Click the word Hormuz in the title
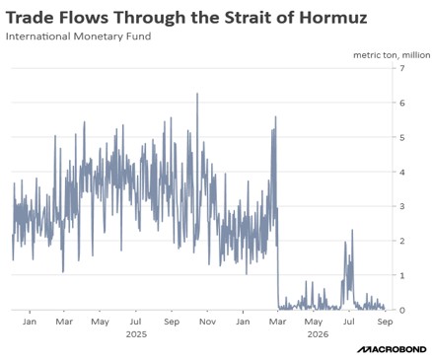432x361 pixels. click(x=333, y=18)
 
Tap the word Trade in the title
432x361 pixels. click(x=31, y=18)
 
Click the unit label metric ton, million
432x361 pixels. click(x=392, y=55)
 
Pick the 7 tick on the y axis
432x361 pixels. click(x=401, y=68)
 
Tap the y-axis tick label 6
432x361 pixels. click(x=401, y=103)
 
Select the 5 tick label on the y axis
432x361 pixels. click(x=401, y=137)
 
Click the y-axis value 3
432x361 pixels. click(x=401, y=206)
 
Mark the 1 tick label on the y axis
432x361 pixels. click(x=401, y=275)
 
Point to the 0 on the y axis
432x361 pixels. click(x=401, y=310)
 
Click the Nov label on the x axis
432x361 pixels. click(x=207, y=322)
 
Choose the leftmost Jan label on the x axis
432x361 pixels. click(x=30, y=322)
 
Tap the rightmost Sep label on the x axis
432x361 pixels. click(x=385, y=322)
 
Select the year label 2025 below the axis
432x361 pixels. click(x=136, y=334)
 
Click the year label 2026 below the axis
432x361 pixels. click(x=318, y=334)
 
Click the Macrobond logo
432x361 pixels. click(x=392, y=349)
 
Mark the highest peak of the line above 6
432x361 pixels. click(x=197, y=94)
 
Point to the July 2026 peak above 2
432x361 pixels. click(x=352, y=230)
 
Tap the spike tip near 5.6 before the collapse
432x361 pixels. click(x=275, y=117)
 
